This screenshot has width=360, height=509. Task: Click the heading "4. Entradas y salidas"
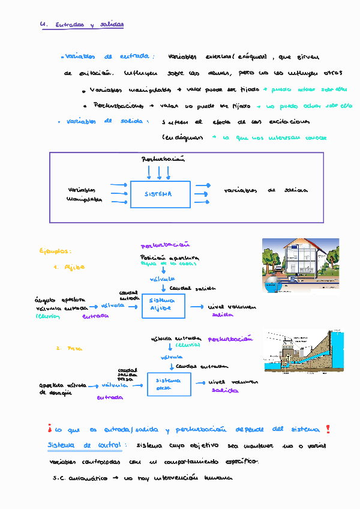pyautogui.click(x=81, y=25)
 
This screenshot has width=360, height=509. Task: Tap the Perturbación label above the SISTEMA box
pyautogui.click(x=163, y=160)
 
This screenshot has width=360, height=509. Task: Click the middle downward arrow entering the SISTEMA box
pyautogui.click(x=160, y=173)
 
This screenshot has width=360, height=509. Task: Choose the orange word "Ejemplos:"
pyautogui.click(x=55, y=251)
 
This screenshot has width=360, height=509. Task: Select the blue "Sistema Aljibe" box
pyautogui.click(x=163, y=306)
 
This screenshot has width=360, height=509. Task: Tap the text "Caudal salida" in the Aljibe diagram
pyautogui.click(x=185, y=288)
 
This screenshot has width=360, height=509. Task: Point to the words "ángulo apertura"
pyautogui.click(x=59, y=299)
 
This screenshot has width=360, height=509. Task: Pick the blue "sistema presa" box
pyautogui.click(x=169, y=384)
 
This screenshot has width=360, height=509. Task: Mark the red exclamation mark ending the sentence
pyautogui.click(x=328, y=429)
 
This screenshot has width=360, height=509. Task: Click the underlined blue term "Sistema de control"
pyautogui.click(x=85, y=446)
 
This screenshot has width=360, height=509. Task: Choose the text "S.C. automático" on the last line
pyautogui.click(x=79, y=478)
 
